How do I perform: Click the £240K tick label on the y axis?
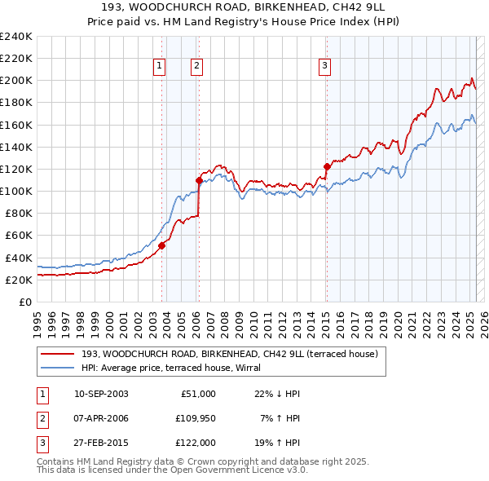[x=16, y=37]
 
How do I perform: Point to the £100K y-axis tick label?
[x=16, y=191]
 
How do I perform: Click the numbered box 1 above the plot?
[x=159, y=67]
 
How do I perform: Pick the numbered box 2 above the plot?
[x=197, y=67]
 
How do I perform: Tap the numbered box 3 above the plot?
[x=324, y=67]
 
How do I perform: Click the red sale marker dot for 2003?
[x=161, y=245]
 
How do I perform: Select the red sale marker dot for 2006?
[x=199, y=180]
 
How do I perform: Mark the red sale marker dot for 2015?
[x=327, y=166]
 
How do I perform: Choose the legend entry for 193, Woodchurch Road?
[x=229, y=354]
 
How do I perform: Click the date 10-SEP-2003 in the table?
[x=101, y=394]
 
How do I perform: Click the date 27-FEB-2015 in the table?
[x=101, y=443]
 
